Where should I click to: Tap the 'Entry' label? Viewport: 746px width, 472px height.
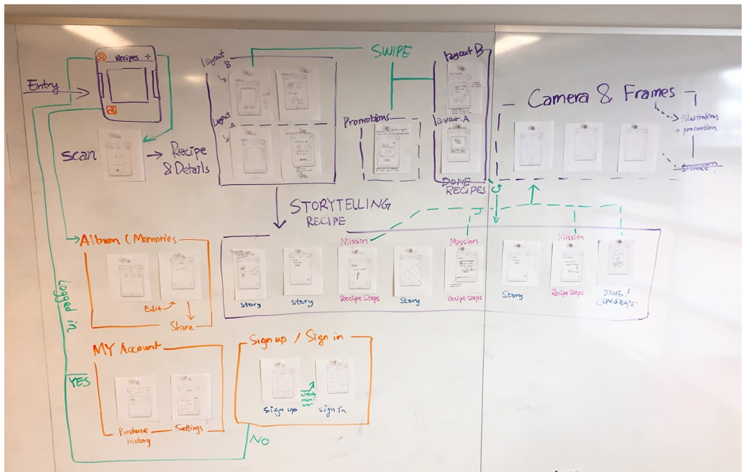pyautogui.click(x=42, y=85)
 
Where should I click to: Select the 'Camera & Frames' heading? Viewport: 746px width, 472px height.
pyautogui.click(x=601, y=94)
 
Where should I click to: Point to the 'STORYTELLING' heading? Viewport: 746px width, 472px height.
pyautogui.click(x=340, y=206)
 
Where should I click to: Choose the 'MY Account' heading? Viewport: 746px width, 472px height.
pyautogui.click(x=126, y=350)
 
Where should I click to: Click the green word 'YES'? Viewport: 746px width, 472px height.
pyautogui.click(x=80, y=382)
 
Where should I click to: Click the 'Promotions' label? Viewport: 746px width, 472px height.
pyautogui.click(x=365, y=119)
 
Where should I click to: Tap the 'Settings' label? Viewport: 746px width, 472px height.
pyautogui.click(x=189, y=428)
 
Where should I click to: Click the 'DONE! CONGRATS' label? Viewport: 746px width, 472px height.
pyautogui.click(x=616, y=297)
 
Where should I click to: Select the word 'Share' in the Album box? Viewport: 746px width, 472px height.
pyautogui.click(x=182, y=327)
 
